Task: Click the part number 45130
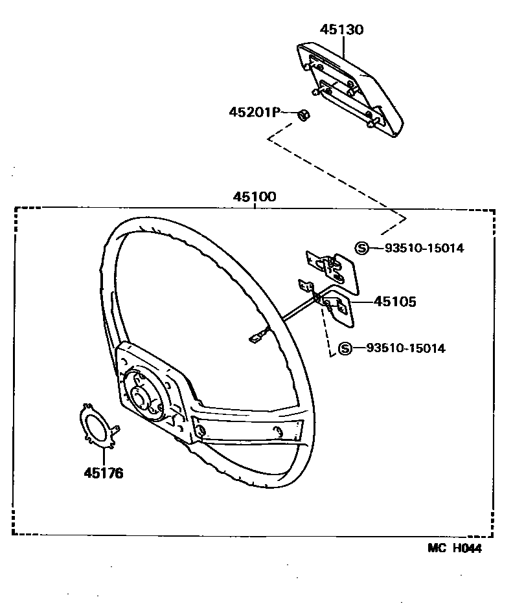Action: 341,30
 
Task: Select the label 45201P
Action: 253,112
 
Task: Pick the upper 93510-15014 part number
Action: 424,248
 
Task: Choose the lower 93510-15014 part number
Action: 405,348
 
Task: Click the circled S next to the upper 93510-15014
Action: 362,248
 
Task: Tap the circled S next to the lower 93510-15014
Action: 345,348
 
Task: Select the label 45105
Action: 394,302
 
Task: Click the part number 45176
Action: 103,473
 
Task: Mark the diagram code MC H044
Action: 455,548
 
